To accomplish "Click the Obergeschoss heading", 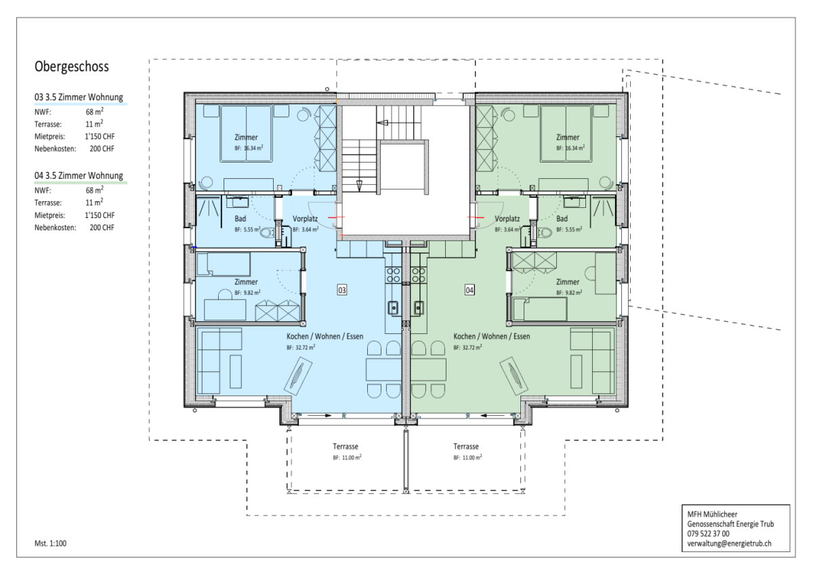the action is [x=72, y=67].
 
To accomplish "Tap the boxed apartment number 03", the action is [x=342, y=290].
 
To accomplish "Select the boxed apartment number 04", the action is [x=470, y=290].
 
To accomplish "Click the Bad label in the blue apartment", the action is [x=241, y=219].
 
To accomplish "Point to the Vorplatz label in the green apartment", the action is [x=507, y=219].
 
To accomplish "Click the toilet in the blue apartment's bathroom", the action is [x=267, y=232].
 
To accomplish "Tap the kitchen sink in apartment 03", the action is [x=393, y=308].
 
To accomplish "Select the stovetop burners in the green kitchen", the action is [x=418, y=275].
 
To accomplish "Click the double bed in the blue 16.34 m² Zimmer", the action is [x=246, y=133].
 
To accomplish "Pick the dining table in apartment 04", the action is [x=429, y=369].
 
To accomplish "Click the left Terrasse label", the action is [x=346, y=446].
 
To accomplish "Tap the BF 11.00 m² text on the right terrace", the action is [x=467, y=457].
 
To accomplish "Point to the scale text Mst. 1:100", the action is [x=50, y=543].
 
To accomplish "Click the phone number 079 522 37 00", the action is [x=708, y=534].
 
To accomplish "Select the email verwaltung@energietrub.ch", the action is [x=729, y=543].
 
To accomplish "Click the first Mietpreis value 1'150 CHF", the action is [x=100, y=136].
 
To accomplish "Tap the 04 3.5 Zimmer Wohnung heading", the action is [x=79, y=175].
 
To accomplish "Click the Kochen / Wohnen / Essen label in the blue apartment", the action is [x=325, y=336].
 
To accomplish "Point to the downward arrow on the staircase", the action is [x=359, y=186].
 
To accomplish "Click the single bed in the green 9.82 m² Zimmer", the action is [x=540, y=309].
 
